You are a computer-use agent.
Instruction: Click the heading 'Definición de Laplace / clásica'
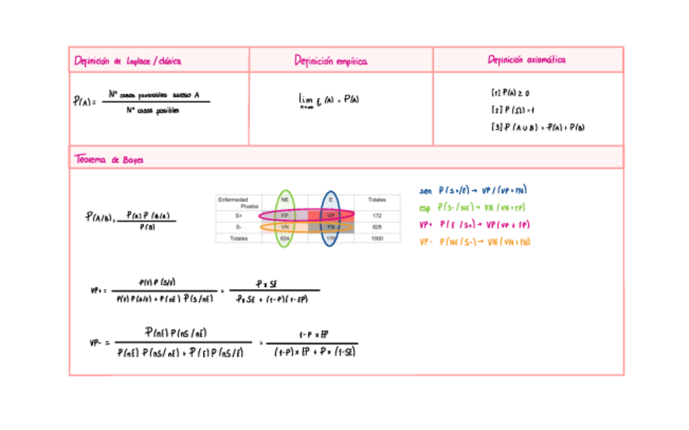[128, 61]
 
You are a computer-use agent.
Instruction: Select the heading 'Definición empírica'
[331, 61]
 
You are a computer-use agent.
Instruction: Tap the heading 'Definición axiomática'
[526, 60]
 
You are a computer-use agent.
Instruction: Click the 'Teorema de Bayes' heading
[109, 160]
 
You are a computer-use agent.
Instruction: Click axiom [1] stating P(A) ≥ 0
[510, 93]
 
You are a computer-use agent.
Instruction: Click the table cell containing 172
[377, 216]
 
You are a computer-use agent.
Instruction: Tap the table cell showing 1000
[377, 239]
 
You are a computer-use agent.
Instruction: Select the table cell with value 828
[377, 227]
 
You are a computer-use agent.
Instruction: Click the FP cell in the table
[285, 216]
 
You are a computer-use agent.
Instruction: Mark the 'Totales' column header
[377, 199]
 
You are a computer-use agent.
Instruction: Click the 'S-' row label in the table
[239, 227]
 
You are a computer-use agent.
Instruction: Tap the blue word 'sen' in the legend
[426, 191]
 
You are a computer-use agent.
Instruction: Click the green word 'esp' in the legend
[426, 208]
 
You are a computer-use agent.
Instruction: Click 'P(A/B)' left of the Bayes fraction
[99, 217]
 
